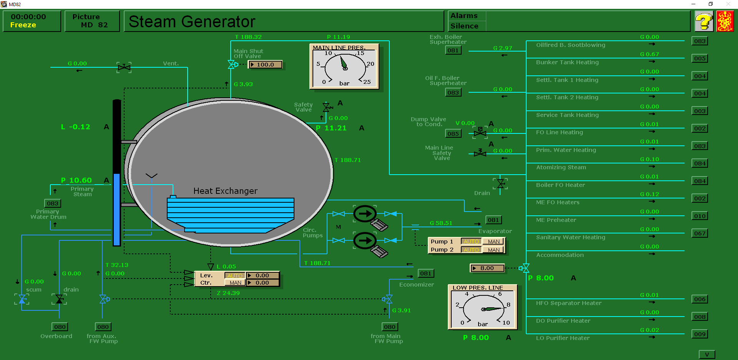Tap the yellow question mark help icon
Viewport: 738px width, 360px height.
(x=704, y=21)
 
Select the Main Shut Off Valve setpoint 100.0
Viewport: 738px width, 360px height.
(x=265, y=65)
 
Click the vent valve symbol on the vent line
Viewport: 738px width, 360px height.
(x=124, y=68)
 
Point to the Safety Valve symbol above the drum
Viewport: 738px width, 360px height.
(x=327, y=107)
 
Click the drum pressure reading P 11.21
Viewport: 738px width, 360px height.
(x=331, y=128)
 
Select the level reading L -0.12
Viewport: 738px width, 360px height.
(x=76, y=127)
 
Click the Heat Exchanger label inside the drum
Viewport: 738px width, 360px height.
(x=225, y=191)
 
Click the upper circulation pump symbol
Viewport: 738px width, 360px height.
(x=365, y=214)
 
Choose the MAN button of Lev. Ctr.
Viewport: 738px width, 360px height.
(x=235, y=283)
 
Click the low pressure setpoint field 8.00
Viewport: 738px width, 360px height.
(x=487, y=268)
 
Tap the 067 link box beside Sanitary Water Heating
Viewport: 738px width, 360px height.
(x=700, y=233)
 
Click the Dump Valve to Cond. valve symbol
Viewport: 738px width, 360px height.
(x=480, y=133)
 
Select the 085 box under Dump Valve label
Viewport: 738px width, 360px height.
(x=453, y=134)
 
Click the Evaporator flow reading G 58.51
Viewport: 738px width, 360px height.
(x=441, y=223)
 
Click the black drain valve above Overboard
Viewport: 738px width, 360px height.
(x=59, y=299)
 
